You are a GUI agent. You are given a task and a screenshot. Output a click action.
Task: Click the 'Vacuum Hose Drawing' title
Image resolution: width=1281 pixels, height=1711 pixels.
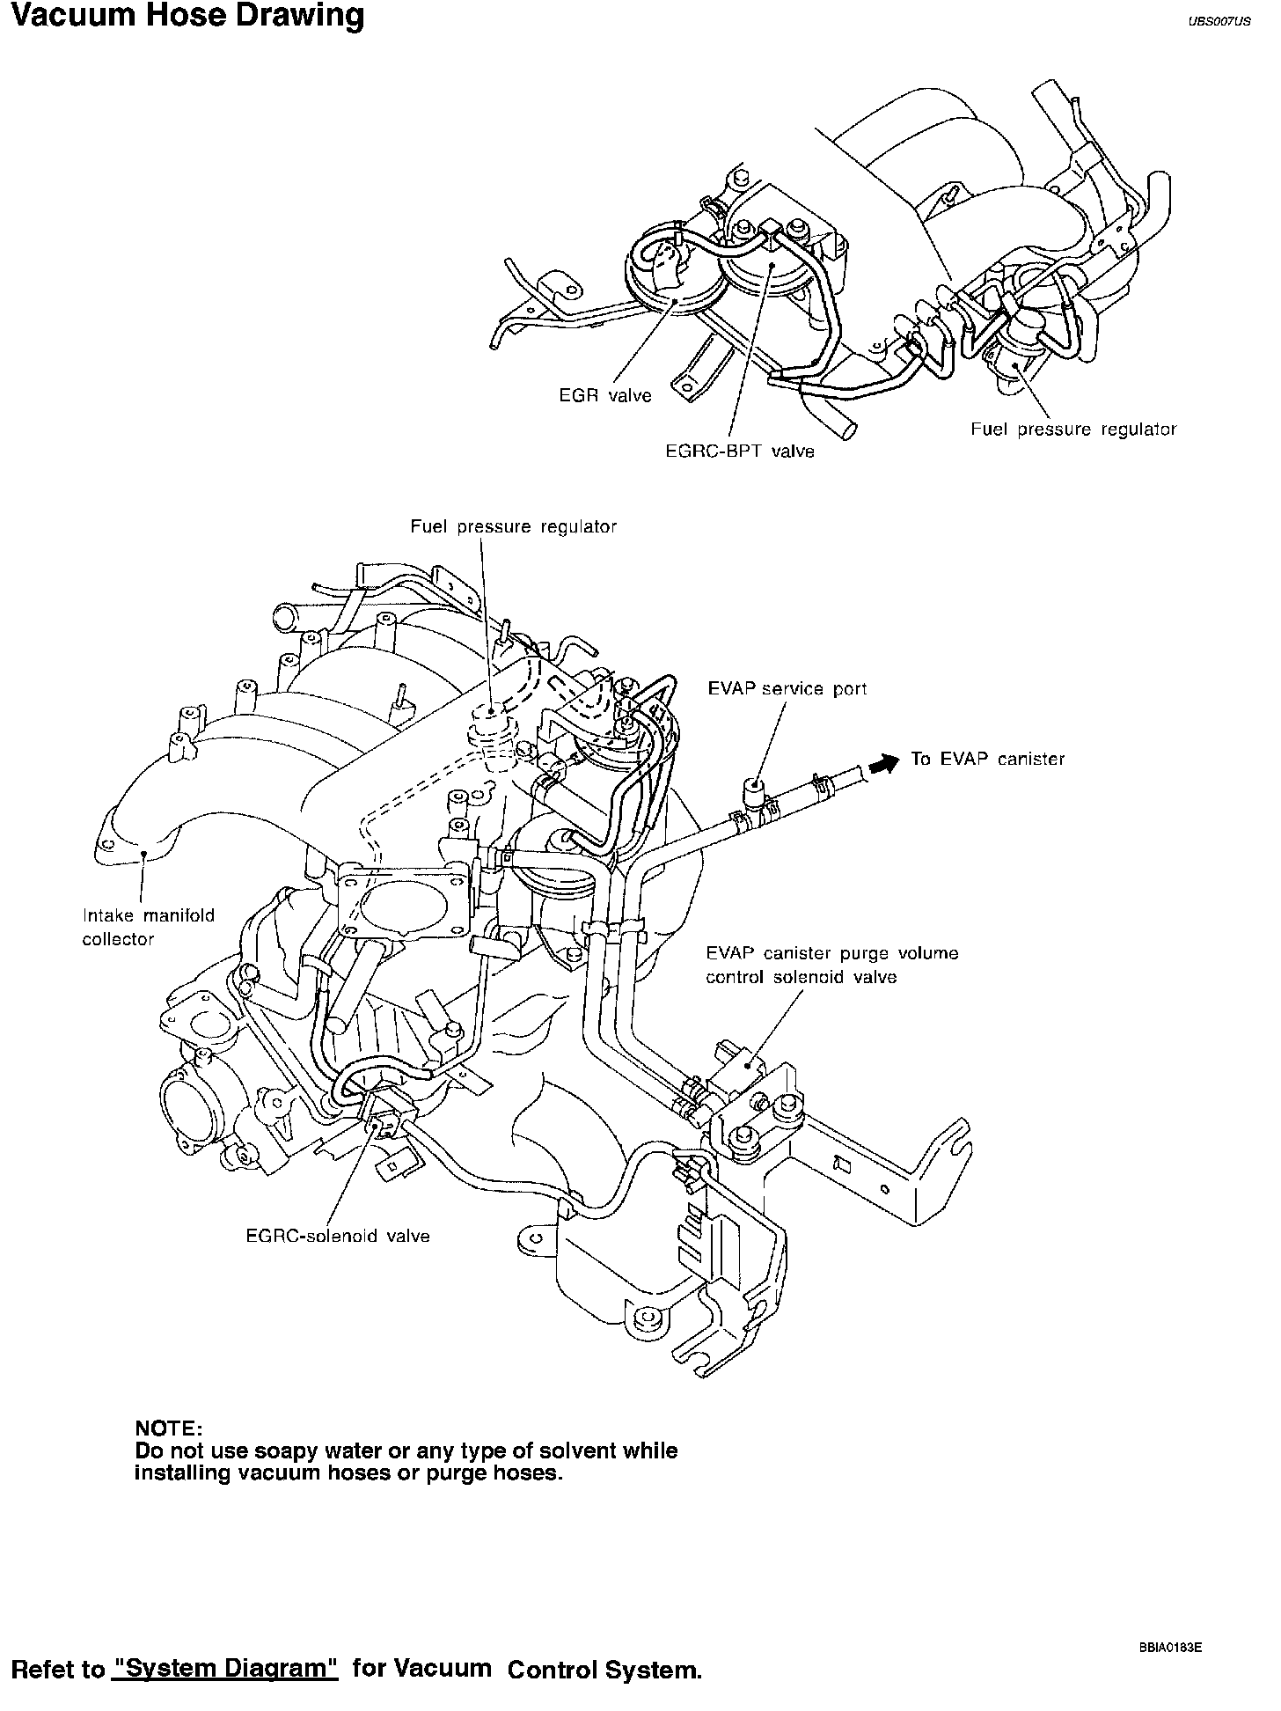click(187, 17)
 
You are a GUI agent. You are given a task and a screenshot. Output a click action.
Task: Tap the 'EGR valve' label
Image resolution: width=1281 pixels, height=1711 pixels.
click(605, 396)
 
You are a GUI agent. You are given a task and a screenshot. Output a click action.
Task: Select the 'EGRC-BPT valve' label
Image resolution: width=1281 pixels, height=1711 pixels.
click(739, 452)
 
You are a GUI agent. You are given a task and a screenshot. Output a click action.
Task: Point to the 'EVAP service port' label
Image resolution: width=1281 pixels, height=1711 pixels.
click(787, 688)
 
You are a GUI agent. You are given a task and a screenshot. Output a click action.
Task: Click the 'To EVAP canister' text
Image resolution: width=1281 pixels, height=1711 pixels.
click(987, 759)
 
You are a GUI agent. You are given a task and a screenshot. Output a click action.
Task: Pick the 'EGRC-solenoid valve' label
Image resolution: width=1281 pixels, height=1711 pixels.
click(338, 1236)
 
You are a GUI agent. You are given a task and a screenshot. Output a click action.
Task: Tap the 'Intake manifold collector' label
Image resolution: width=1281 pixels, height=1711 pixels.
click(148, 927)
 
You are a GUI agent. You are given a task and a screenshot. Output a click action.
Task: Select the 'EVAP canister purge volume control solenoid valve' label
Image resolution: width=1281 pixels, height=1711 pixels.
click(831, 965)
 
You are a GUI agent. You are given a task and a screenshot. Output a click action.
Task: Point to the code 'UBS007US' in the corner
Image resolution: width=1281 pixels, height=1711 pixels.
click(1219, 23)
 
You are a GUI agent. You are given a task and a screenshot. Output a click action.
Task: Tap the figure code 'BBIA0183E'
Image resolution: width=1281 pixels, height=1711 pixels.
click(1169, 1642)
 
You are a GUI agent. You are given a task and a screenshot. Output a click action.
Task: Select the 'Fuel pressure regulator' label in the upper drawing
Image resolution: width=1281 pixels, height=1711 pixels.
click(1073, 430)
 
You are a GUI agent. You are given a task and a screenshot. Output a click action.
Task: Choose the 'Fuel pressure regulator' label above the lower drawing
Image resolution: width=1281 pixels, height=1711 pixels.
click(514, 526)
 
